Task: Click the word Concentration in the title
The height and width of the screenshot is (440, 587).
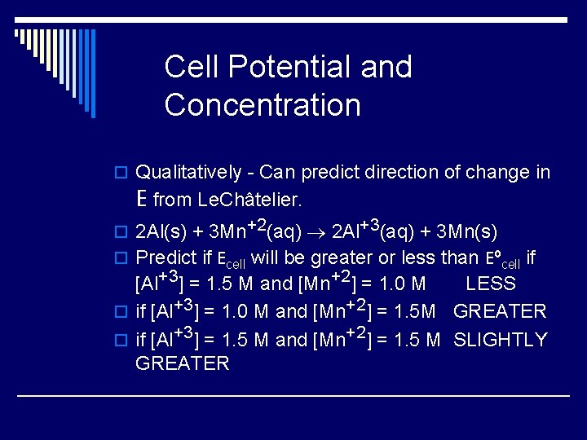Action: point(262,105)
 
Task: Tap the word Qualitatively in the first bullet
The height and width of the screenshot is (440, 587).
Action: point(188,173)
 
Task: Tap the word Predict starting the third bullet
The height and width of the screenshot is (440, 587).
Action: point(166,258)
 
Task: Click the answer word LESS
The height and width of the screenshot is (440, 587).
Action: point(491,284)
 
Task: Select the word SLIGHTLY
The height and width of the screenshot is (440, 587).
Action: point(500,340)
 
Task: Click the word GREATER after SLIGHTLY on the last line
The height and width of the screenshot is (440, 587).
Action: point(183,363)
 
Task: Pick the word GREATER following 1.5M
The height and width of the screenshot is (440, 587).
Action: point(499,311)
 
